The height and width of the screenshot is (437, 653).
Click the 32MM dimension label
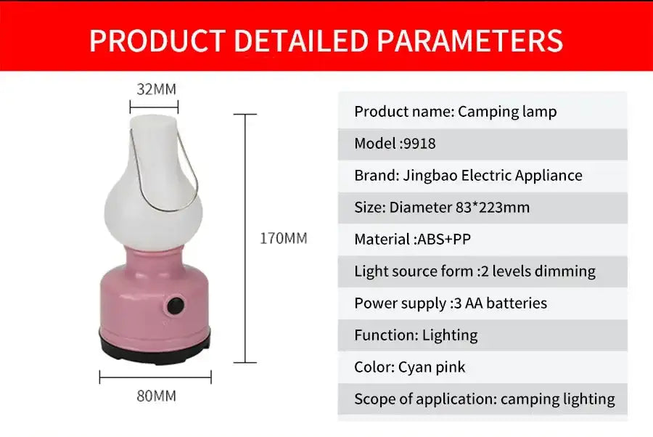(156, 90)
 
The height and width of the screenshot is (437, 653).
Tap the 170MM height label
(284, 238)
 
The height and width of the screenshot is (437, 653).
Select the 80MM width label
(156, 396)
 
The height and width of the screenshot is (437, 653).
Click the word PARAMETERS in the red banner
(469, 41)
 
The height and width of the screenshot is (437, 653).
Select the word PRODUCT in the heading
(157, 41)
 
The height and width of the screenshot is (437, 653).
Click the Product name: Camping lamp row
(455, 112)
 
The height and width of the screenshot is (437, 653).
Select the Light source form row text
(475, 271)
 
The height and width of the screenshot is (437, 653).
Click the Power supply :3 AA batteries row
(450, 303)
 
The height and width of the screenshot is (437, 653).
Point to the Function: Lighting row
(416, 335)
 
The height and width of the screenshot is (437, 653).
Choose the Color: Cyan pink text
(409, 367)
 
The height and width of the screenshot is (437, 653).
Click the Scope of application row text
(484, 399)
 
